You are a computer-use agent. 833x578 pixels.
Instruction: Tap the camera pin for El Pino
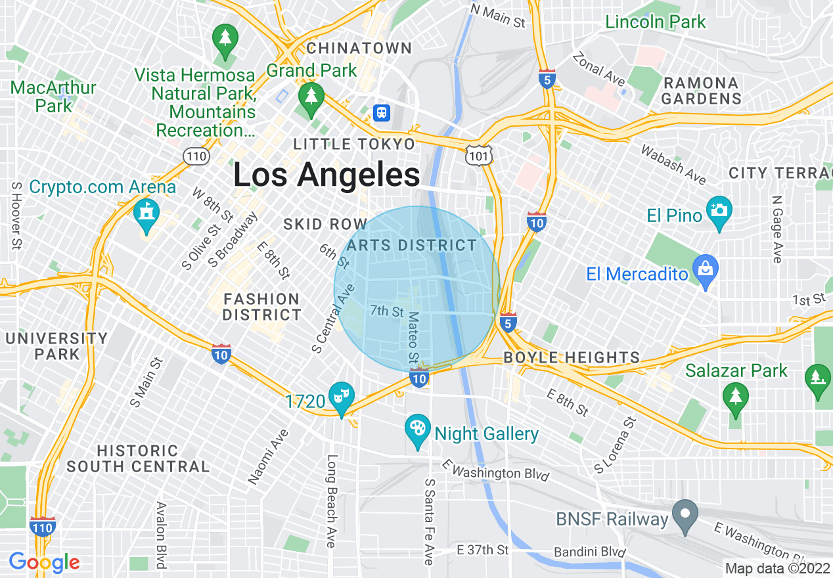click(719, 211)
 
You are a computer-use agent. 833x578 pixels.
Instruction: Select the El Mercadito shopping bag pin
click(706, 270)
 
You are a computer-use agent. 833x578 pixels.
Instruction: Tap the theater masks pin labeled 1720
click(341, 396)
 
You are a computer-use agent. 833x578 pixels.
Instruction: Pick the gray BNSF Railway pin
click(685, 514)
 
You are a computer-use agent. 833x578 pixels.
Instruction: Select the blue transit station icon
click(381, 112)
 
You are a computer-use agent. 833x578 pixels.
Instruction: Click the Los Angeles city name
click(326, 175)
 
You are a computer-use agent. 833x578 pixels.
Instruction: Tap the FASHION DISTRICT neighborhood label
click(261, 307)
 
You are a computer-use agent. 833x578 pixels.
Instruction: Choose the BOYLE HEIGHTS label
click(572, 357)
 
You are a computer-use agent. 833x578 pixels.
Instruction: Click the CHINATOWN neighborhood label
click(359, 48)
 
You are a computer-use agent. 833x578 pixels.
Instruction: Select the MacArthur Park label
click(54, 96)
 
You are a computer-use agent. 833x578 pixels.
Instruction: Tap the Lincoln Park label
click(655, 22)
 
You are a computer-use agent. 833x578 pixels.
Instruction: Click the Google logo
click(44, 562)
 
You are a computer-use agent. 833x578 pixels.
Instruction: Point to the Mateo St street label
click(413, 338)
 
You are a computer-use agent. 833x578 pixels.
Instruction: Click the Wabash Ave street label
click(673, 166)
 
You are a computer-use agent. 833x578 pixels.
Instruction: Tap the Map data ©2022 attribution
click(777, 568)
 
